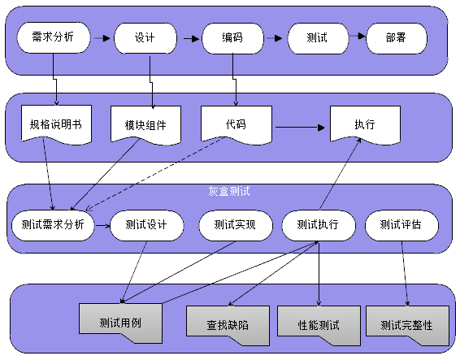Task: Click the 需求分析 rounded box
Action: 54,37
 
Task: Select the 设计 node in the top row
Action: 145,38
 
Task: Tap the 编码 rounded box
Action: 232,38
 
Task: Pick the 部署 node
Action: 397,38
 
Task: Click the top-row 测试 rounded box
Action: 318,38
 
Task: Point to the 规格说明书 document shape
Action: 56,124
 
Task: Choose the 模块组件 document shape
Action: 145,126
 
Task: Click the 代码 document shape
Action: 237,125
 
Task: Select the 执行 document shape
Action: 365,125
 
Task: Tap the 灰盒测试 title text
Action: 229,191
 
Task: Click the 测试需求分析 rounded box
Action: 53,225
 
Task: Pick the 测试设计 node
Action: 146,225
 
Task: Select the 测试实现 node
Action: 236,225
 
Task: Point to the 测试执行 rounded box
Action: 319,225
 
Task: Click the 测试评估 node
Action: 401,225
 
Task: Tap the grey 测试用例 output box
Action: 120,323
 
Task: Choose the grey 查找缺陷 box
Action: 228,325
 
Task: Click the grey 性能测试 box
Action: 319,325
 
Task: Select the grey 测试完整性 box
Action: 407,325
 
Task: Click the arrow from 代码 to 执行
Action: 300,128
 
